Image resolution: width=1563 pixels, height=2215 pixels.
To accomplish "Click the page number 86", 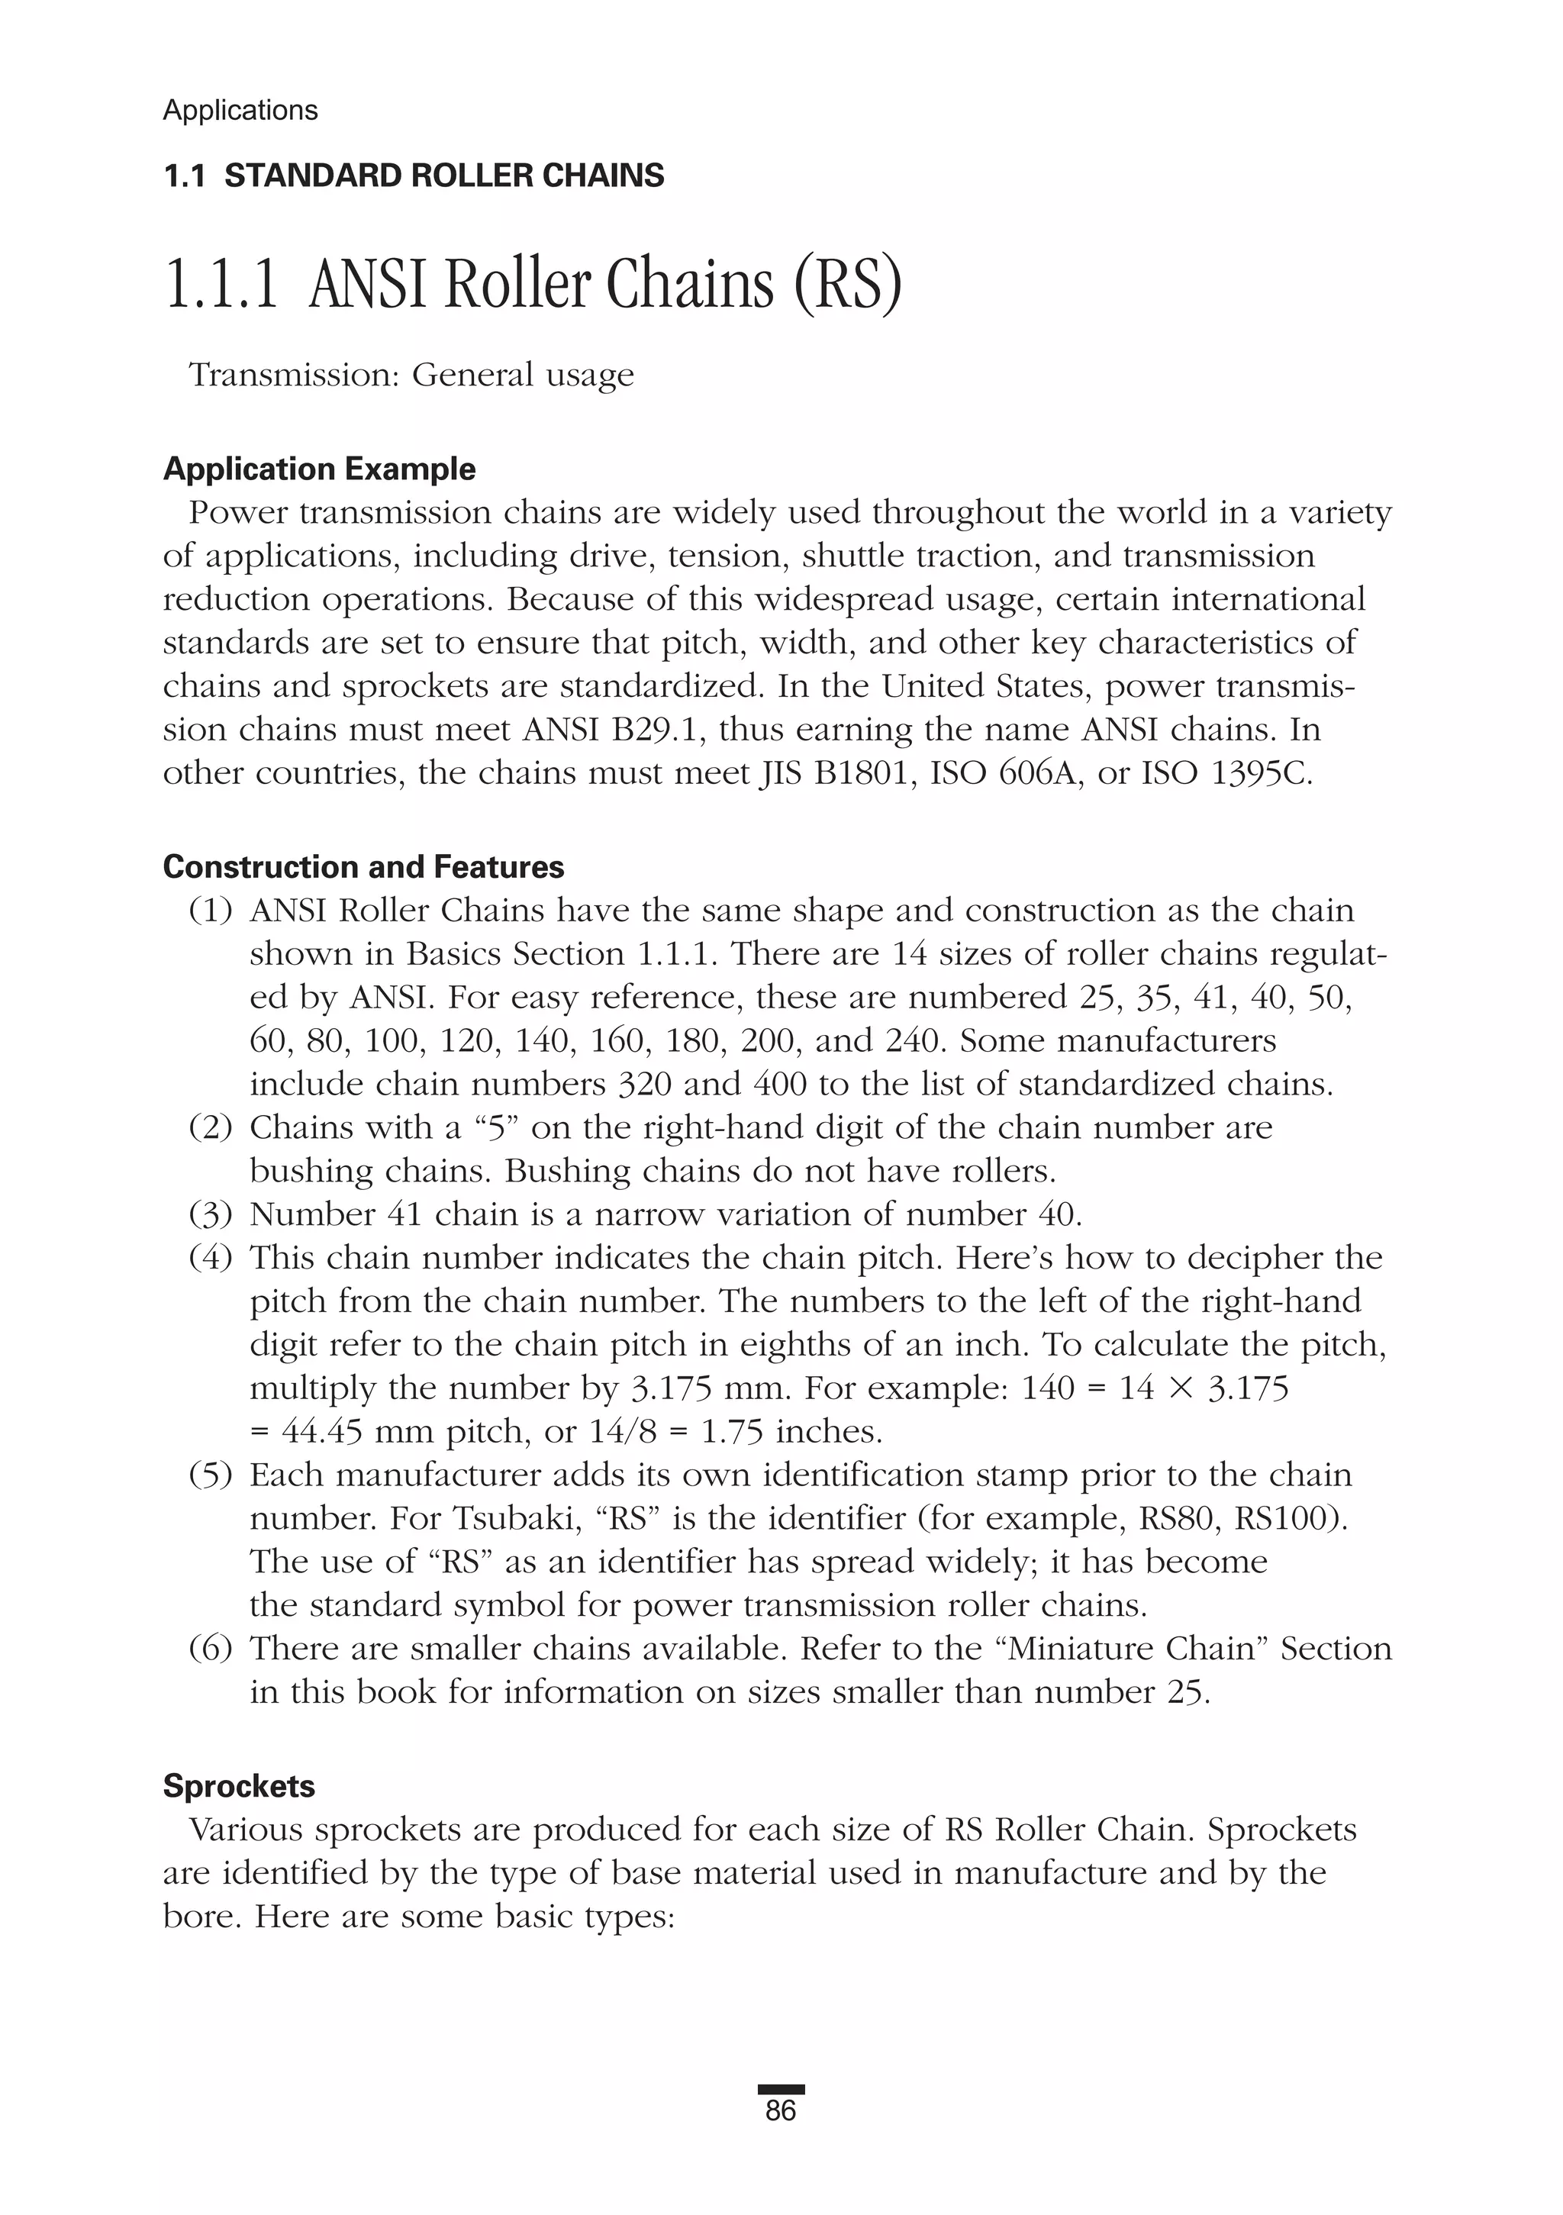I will click(781, 2112).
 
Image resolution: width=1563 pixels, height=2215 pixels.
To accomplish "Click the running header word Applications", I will click(240, 110).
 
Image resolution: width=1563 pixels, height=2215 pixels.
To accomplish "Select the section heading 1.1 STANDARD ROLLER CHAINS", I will click(414, 176).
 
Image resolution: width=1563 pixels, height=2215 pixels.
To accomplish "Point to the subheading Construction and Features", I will click(364, 866).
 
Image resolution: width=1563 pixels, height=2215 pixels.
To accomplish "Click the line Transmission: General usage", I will click(412, 374).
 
